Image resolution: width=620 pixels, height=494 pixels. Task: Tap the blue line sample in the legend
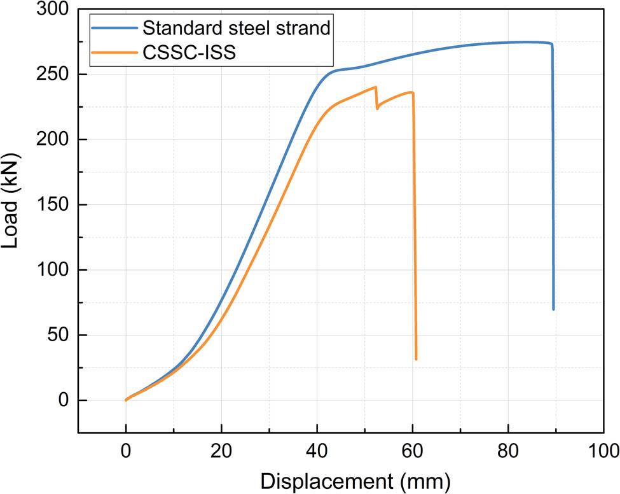(114, 29)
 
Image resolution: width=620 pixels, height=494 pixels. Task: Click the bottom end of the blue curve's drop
(553, 309)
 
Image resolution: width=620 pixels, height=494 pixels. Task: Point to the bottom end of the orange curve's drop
(416, 359)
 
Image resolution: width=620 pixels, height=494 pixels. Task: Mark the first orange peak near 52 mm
(376, 87)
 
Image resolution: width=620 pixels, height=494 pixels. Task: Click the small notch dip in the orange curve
(377, 108)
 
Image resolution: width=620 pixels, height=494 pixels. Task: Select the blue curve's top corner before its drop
(551, 44)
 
